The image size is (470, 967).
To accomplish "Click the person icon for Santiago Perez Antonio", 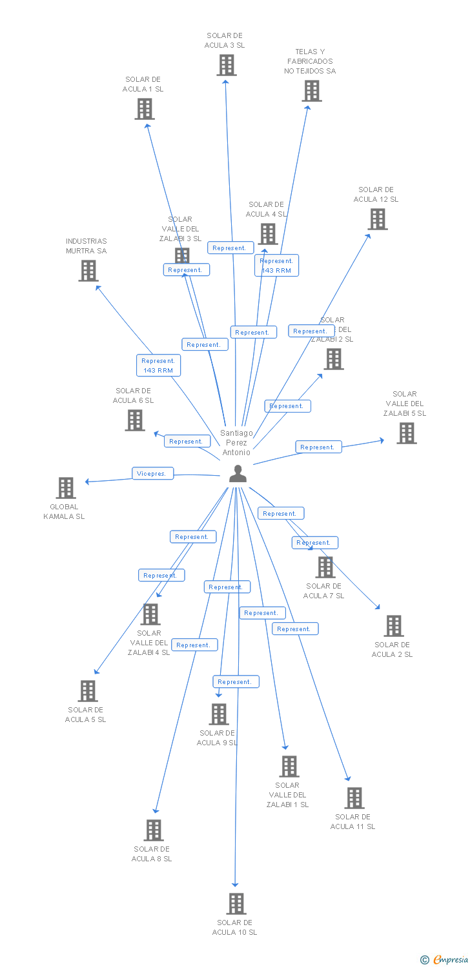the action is pyautogui.click(x=238, y=474).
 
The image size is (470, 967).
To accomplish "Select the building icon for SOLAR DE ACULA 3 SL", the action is pyautogui.click(x=227, y=65).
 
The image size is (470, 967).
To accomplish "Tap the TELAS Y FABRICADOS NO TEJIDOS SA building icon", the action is pyautogui.click(x=312, y=91).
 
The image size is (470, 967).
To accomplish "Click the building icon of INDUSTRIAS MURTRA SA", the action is pyautogui.click(x=88, y=271).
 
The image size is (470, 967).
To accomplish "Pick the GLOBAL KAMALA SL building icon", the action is pyautogui.click(x=66, y=488).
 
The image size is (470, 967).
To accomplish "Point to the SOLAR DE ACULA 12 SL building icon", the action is pyautogui.click(x=378, y=219).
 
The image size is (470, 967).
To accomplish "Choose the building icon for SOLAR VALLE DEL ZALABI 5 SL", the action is pyautogui.click(x=407, y=433).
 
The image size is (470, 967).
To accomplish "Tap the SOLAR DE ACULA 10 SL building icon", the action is pyautogui.click(x=236, y=904).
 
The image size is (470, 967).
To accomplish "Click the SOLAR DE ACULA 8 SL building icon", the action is pyautogui.click(x=154, y=830).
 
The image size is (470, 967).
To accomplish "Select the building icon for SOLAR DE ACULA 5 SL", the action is pyautogui.click(x=88, y=691).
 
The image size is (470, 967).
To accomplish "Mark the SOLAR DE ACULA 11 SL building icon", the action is pyautogui.click(x=354, y=798).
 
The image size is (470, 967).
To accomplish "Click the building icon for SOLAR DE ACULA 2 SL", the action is pyautogui.click(x=394, y=626).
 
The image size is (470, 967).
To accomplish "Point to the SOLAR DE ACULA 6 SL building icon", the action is pyautogui.click(x=135, y=420).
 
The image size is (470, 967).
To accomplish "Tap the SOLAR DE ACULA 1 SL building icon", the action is pyautogui.click(x=145, y=109).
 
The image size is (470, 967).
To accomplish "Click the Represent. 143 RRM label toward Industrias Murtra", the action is pyautogui.click(x=158, y=366).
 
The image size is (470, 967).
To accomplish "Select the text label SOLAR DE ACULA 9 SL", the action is pyautogui.click(x=217, y=737).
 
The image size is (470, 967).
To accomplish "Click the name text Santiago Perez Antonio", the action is pyautogui.click(x=237, y=443).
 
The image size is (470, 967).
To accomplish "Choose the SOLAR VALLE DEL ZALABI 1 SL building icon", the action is pyautogui.click(x=289, y=767).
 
